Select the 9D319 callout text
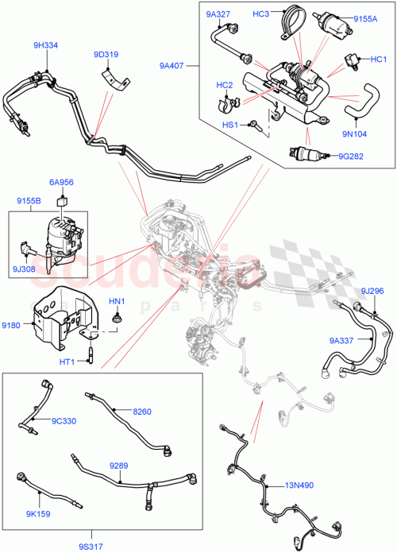106,55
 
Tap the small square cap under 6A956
62,199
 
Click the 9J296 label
372,291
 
